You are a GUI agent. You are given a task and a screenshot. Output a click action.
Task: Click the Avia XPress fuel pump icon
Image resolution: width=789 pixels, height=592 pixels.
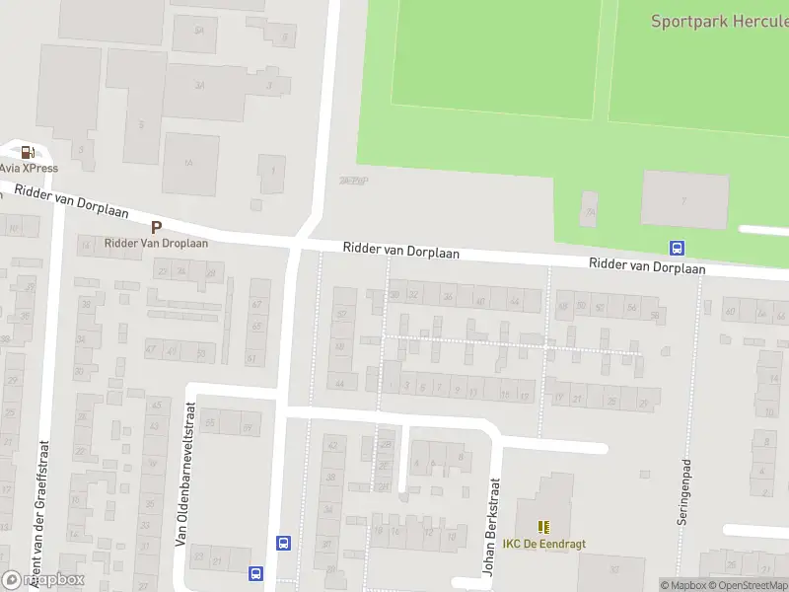tap(28, 152)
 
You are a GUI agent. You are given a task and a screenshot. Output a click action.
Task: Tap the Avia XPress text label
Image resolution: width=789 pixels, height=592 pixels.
tap(29, 169)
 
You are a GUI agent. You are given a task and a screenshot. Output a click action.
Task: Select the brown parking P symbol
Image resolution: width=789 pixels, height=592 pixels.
tap(156, 227)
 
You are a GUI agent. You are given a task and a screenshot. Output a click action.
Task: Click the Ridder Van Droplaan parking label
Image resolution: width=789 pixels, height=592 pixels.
tap(156, 243)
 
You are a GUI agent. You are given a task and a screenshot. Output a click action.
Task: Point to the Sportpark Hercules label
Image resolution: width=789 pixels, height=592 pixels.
tap(719, 21)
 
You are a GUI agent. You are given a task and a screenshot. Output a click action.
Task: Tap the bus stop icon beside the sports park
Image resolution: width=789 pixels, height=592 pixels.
tap(678, 248)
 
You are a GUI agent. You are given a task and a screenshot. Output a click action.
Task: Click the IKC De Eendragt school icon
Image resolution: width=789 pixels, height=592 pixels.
tap(542, 528)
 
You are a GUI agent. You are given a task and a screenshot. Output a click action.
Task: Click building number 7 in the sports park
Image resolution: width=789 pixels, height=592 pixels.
tap(684, 200)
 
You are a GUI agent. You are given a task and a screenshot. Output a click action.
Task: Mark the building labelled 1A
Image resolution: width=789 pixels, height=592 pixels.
tap(190, 164)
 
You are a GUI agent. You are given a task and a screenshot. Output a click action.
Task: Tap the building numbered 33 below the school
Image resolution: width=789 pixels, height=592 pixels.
tap(613, 569)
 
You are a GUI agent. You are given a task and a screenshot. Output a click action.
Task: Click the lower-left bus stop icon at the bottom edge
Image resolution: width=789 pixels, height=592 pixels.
tap(256, 572)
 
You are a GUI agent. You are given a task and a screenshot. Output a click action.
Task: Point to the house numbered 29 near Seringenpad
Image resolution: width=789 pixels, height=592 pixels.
tap(645, 403)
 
